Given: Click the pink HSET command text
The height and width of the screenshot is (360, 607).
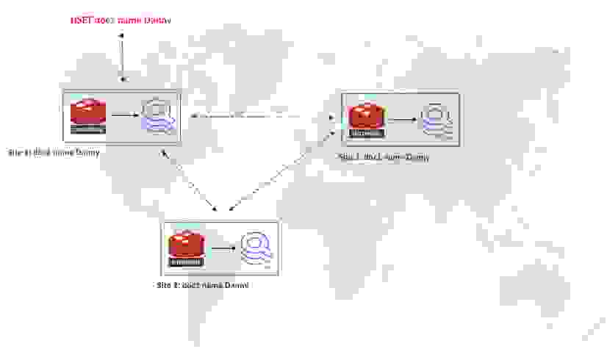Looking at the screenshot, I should pyautogui.click(x=121, y=21).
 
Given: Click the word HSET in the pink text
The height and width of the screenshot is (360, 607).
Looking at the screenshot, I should pyautogui.click(x=80, y=21).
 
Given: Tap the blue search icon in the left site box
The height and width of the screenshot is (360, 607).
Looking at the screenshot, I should pyautogui.click(x=159, y=115).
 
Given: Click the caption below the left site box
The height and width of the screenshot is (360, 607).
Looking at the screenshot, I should pyautogui.click(x=54, y=153).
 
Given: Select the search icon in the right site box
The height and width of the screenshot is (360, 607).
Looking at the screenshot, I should pyautogui.click(x=434, y=120).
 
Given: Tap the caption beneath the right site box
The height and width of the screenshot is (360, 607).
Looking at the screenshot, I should pyautogui.click(x=383, y=157).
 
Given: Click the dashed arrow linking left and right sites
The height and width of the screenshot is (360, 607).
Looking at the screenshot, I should pyautogui.click(x=261, y=116).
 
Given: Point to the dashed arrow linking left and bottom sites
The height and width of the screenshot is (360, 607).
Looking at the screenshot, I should pyautogui.click(x=190, y=179).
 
